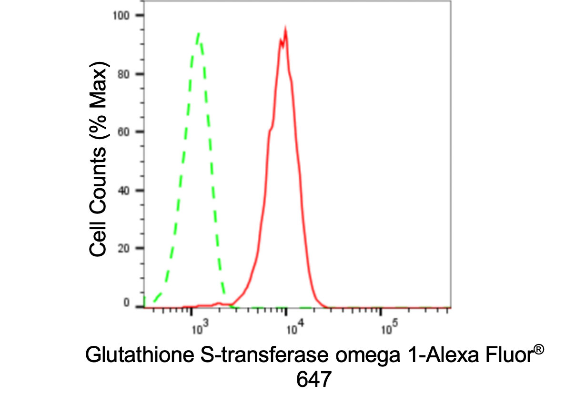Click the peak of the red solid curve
(x=285, y=30)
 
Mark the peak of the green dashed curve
(x=198, y=33)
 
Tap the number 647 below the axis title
(x=313, y=380)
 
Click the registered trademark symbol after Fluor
(x=537, y=351)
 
